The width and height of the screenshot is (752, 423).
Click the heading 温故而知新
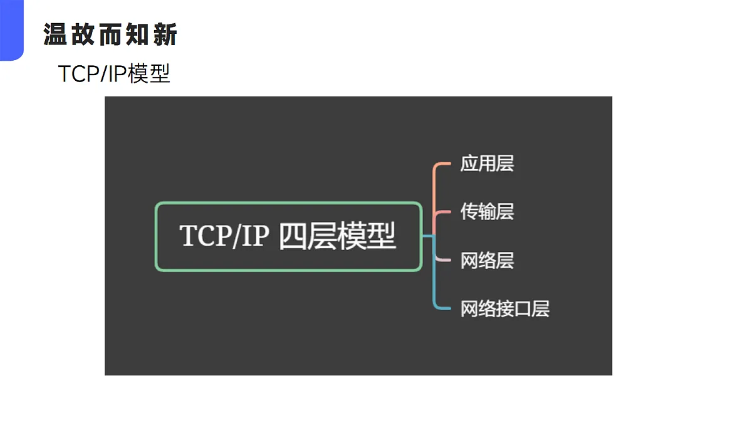[110, 34]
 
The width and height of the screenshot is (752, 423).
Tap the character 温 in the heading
[55, 34]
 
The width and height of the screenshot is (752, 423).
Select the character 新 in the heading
[165, 34]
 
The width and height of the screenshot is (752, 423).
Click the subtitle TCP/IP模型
[114, 73]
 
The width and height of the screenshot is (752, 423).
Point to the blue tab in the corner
[12, 30]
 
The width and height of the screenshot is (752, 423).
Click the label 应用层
[487, 164]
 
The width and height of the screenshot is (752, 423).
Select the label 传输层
[487, 212]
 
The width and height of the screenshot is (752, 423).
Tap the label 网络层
[487, 260]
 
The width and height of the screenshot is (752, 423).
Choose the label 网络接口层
[504, 309]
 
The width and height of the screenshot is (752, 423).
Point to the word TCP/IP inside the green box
[224, 236]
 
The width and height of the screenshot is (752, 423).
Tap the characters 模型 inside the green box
[367, 236]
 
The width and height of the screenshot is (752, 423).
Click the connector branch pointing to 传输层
[442, 212]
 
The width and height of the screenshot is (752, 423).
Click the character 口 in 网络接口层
[523, 309]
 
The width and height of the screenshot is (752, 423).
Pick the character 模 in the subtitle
[138, 73]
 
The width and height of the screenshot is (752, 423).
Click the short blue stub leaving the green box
[428, 236]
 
